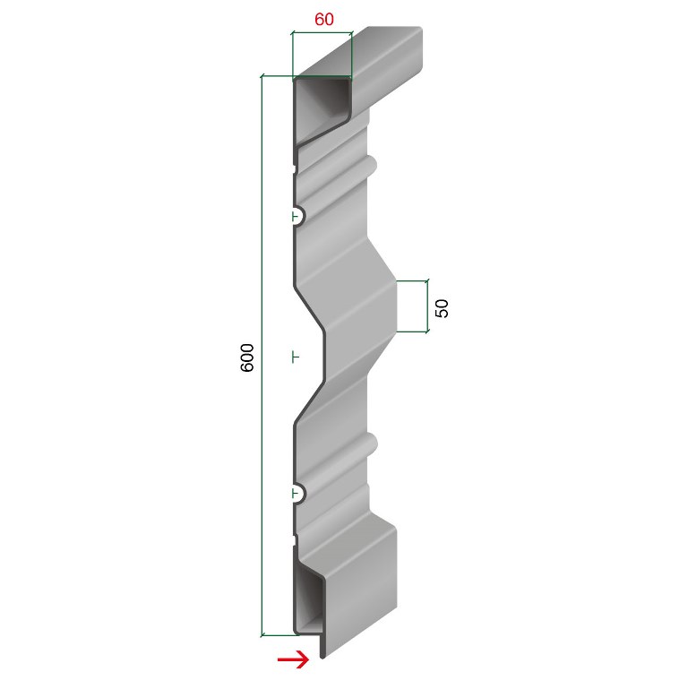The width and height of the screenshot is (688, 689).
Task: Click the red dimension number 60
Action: click(x=323, y=20)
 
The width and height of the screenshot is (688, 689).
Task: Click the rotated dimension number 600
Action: click(x=248, y=357)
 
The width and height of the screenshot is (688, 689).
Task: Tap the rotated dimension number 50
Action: click(x=442, y=308)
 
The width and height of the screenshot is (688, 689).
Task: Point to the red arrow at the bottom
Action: click(x=293, y=659)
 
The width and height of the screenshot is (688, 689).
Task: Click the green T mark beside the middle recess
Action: click(x=296, y=357)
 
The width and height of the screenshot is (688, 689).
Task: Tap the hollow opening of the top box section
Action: click(x=321, y=108)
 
